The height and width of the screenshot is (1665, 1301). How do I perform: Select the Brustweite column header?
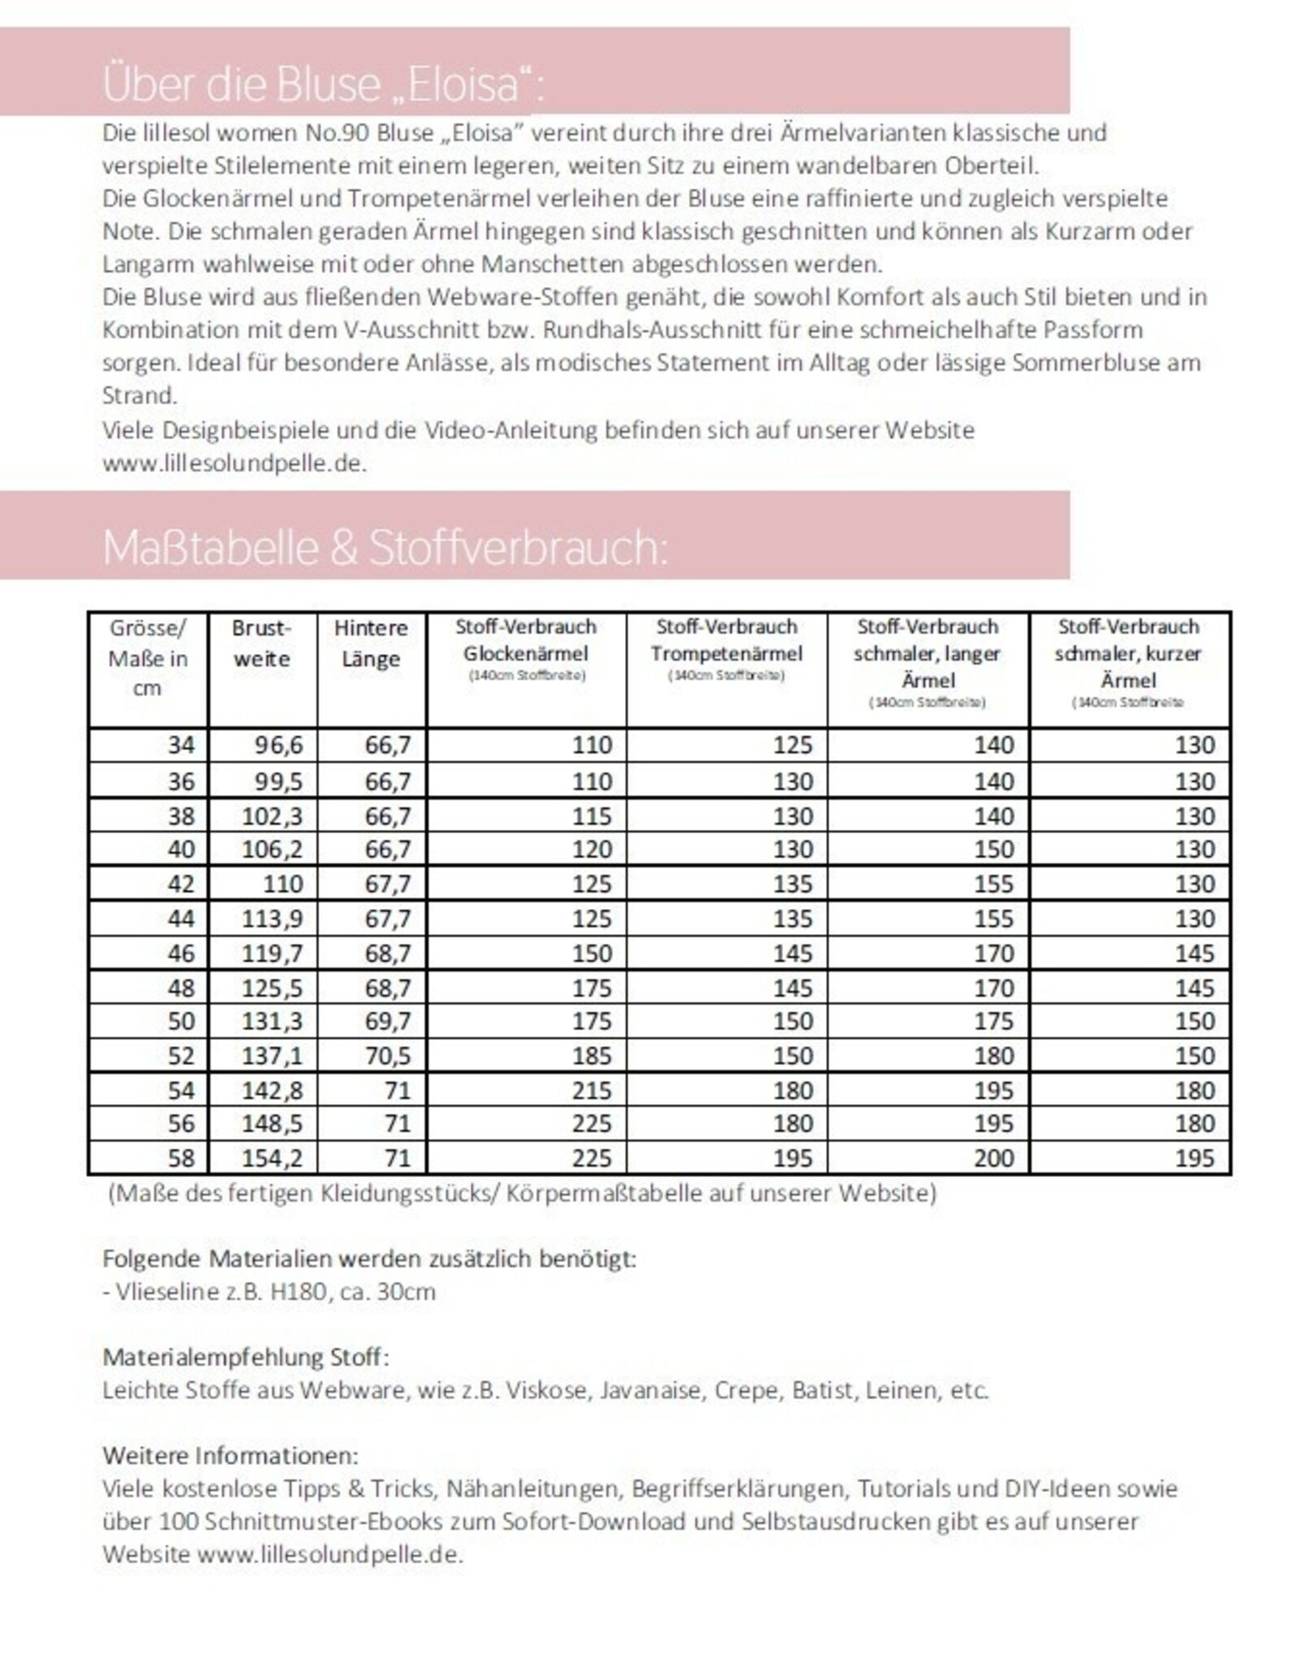tap(261, 643)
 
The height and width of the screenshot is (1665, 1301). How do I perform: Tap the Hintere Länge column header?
tap(371, 643)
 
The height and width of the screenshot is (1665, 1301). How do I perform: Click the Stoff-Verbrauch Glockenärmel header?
tap(526, 641)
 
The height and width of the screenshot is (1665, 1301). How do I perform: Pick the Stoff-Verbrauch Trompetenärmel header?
tap(726, 641)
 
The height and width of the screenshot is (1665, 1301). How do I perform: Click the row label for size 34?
tap(181, 746)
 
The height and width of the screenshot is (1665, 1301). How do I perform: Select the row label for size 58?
tap(181, 1158)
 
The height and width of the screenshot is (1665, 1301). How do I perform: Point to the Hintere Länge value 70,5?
tap(388, 1056)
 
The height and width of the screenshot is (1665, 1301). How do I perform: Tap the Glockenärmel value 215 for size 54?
tap(591, 1090)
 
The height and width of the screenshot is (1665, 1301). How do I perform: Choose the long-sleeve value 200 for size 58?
tap(994, 1158)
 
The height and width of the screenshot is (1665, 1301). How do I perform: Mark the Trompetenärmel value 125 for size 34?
tap(793, 746)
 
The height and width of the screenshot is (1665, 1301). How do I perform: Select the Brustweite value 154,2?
tap(272, 1158)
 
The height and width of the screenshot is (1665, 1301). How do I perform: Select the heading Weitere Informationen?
tap(230, 1454)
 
